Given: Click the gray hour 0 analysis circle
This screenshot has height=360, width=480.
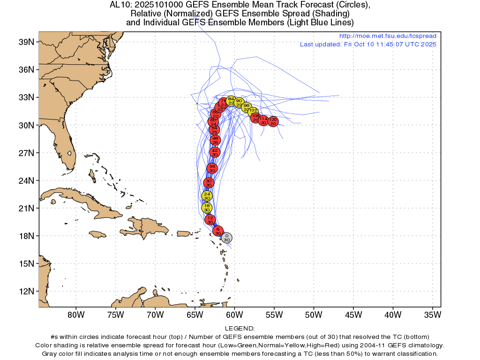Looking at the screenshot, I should point(227,238).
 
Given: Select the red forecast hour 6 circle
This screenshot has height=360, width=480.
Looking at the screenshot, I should point(218,231).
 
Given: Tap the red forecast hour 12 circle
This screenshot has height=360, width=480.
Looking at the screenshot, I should point(210,219).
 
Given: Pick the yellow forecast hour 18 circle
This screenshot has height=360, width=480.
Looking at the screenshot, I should point(207,208).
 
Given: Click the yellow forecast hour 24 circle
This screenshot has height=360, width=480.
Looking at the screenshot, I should point(207,195).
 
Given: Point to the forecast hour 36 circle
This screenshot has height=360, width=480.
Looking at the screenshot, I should point(212,168).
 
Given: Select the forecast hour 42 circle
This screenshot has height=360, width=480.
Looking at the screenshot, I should point(215,152).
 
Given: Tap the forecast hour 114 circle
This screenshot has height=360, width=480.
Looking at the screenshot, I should point(263,120).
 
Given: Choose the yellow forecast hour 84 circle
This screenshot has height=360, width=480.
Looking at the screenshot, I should point(231,100).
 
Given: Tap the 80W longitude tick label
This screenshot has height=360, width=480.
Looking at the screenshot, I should point(76,314).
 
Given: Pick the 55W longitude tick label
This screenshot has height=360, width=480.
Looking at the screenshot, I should point(274,314).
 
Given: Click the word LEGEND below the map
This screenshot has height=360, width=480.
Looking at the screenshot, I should point(240,329).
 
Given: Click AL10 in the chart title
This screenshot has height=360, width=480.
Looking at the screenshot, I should point(119,5).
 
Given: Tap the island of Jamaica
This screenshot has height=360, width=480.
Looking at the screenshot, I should point(97,234).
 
